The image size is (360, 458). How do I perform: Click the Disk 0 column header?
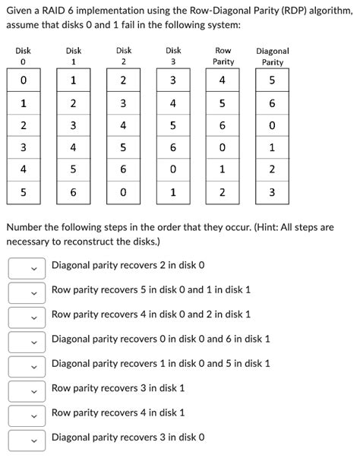[23, 55]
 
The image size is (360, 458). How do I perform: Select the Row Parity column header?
[223, 55]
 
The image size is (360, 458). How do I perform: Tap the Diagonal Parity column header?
[272, 55]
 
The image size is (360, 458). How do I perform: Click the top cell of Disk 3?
[172, 81]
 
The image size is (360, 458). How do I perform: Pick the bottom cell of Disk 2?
[123, 193]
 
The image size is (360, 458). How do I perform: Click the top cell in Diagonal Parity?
[272, 81]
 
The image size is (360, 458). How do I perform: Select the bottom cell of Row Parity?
[223, 193]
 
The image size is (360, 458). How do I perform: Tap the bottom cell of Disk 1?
[73, 193]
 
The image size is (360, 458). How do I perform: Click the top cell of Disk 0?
[23, 81]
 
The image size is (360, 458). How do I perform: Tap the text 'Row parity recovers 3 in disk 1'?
[118, 388]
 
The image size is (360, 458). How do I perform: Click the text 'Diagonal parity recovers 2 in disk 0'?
[128, 265]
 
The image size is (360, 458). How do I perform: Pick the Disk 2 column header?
[123, 55]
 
